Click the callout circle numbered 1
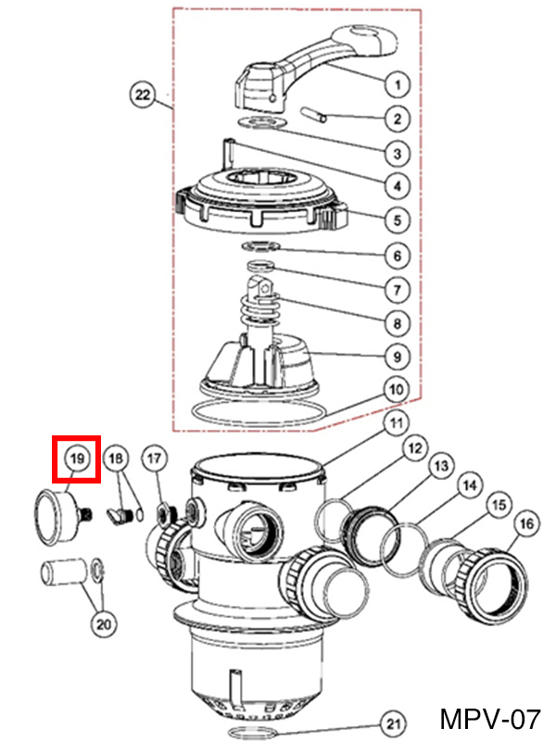pyautogui.click(x=398, y=84)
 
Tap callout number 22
pyautogui.click(x=143, y=94)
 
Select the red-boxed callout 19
pyautogui.click(x=77, y=459)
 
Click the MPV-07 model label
pyautogui.click(x=490, y=720)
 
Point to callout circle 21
pyautogui.click(x=394, y=723)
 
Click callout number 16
pyautogui.click(x=526, y=523)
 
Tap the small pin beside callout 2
pyautogui.click(x=313, y=115)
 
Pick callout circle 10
pyautogui.click(x=396, y=389)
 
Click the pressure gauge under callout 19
pyautogui.click(x=57, y=516)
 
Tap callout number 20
pyautogui.click(x=104, y=624)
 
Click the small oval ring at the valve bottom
pyautogui.click(x=254, y=733)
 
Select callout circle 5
pyautogui.click(x=398, y=220)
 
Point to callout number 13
pyautogui.click(x=441, y=466)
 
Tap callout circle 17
pyautogui.click(x=154, y=459)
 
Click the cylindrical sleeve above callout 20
pyautogui.click(x=63, y=571)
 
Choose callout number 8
pyautogui.click(x=398, y=323)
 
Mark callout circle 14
pyautogui.click(x=470, y=485)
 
